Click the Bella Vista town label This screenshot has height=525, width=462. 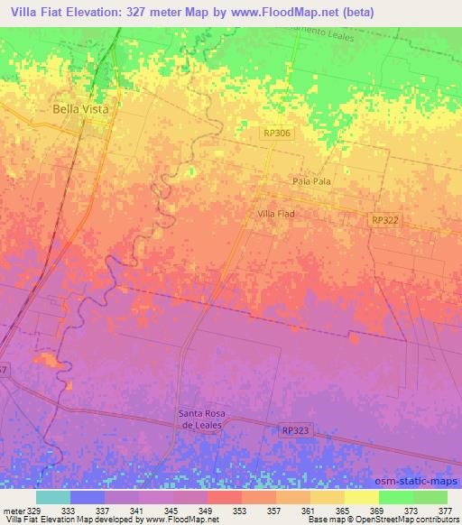[80, 108]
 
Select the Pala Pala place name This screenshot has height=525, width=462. [311, 181]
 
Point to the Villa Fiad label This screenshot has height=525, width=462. [276, 214]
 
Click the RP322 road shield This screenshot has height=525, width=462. [383, 220]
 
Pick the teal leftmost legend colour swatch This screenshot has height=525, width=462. [53, 497]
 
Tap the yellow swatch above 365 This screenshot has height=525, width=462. [327, 497]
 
